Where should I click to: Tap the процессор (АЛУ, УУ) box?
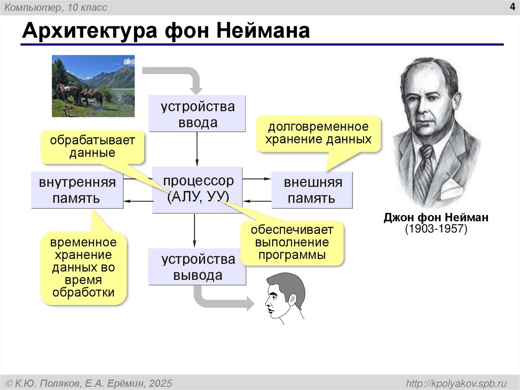click(198, 189)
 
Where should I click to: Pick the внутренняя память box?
click(77, 190)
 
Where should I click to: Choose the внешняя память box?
click(312, 190)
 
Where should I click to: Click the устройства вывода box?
click(198, 267)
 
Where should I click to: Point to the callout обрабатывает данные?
click(92, 146)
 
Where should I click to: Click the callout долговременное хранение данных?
click(318, 133)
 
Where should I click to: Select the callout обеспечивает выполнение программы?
click(291, 242)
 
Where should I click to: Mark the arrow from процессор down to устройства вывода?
click(194, 231)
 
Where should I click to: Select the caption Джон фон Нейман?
click(436, 218)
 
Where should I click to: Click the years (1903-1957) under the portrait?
click(436, 229)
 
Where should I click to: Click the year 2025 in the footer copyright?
click(161, 382)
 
